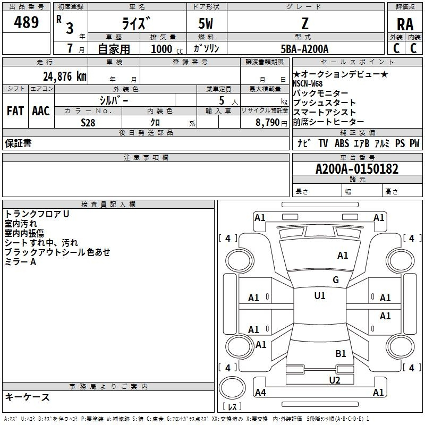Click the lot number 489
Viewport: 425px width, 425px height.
pos(26,22)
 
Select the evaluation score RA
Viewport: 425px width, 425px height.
pos(405,24)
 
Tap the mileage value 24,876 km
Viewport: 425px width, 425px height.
pos(64,76)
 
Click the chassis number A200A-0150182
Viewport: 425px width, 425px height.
pos(357,169)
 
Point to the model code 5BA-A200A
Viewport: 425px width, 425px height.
pos(304,49)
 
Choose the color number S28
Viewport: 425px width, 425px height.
pos(88,123)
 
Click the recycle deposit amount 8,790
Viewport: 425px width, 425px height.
pos(267,123)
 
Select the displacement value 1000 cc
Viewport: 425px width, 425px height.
pos(167,49)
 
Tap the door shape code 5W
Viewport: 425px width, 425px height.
pos(206,23)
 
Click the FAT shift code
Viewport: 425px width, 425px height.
pos(15,111)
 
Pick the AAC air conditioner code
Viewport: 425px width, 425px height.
pos(41,111)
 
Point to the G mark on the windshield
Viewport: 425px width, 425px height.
pos(336,280)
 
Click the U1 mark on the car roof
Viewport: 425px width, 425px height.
pos(320,295)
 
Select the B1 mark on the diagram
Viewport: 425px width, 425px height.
pos(341,353)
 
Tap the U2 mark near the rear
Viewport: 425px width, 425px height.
pos(335,380)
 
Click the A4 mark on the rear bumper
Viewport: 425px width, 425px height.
pos(260,392)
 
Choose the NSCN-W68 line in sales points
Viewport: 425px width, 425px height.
pos(308,84)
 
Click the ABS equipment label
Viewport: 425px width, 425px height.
pos(342,143)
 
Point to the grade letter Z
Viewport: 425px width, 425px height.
pos(305,23)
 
